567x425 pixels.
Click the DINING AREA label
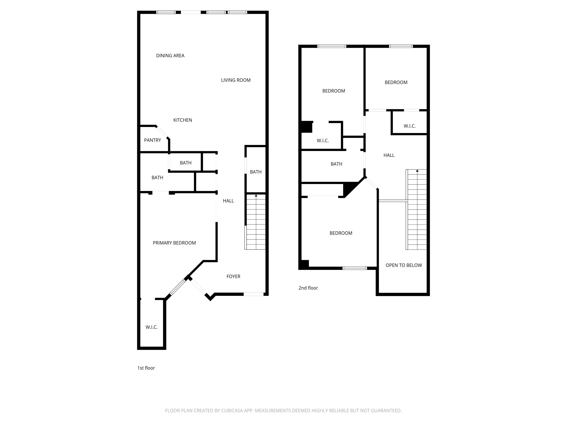[170, 56]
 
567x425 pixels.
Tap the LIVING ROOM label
[235, 80]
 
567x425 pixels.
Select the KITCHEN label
[183, 120]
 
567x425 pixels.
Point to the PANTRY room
[152, 140]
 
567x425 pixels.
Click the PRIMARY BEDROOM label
[174, 243]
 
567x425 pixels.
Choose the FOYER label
[233, 276]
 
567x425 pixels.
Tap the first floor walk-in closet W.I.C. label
[152, 327]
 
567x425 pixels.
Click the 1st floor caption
[146, 368]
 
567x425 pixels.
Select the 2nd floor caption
[308, 288]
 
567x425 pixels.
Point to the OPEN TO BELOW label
[404, 265]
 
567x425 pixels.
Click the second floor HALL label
[389, 155]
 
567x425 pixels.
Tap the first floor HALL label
[228, 201]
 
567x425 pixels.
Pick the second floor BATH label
[336, 164]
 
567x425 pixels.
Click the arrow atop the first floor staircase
[256, 196]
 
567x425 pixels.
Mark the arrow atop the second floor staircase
[417, 171]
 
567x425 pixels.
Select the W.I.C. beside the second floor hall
[409, 126]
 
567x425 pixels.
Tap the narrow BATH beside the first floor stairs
[256, 172]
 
